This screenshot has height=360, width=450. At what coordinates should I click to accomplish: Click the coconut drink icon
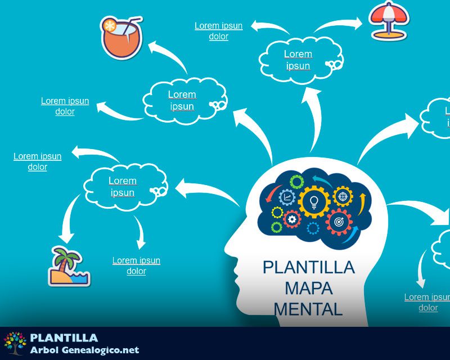(x=121, y=38)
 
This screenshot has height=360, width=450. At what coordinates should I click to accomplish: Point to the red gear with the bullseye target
(x=339, y=222)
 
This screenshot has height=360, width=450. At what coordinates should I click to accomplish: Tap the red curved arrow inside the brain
(x=271, y=194)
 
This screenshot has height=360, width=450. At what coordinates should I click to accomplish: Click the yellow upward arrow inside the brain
(x=363, y=200)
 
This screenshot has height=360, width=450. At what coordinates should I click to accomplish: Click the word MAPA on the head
(x=308, y=288)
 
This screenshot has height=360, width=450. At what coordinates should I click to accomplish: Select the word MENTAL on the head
(x=308, y=309)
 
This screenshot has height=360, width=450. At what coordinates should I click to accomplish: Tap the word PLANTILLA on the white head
(x=308, y=267)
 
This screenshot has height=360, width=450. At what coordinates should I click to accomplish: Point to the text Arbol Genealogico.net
(x=84, y=350)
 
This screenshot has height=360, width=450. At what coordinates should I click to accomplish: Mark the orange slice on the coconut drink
(x=109, y=25)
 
